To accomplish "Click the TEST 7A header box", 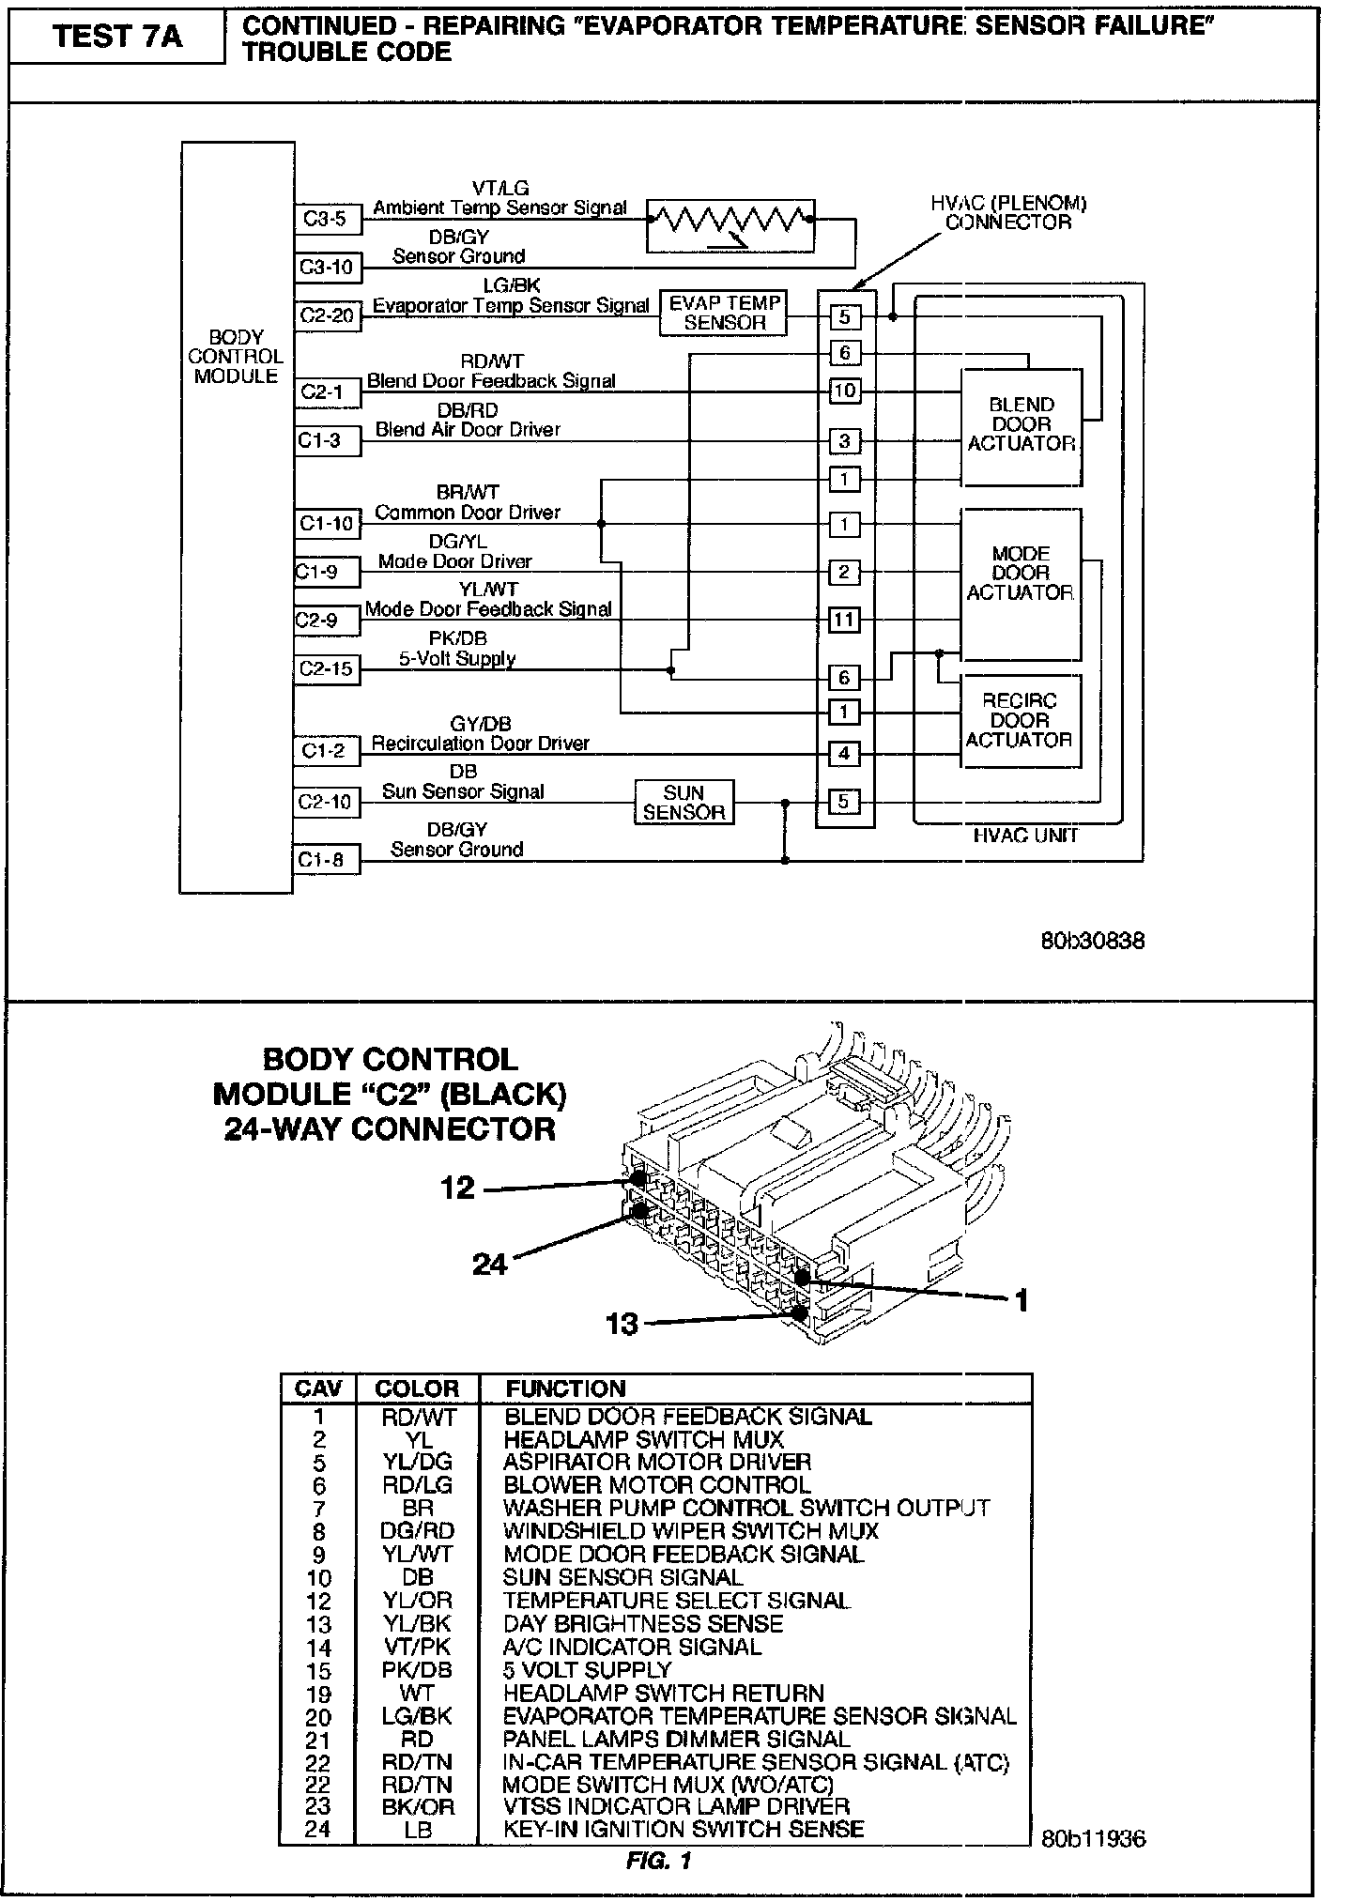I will pyautogui.click(x=117, y=37).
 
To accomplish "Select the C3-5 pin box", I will pyautogui.click(x=325, y=219).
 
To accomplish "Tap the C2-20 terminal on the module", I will pyautogui.click(x=327, y=315).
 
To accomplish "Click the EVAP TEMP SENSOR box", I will pyautogui.click(x=724, y=313).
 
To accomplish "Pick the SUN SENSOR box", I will pyautogui.click(x=684, y=803).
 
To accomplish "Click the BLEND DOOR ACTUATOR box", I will pyautogui.click(x=1021, y=425).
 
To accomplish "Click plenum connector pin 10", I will pyautogui.click(x=844, y=390).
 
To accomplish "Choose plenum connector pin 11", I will pyautogui.click(x=844, y=620).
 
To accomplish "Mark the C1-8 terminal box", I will pyautogui.click(x=325, y=860).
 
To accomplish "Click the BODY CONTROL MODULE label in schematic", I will pyautogui.click(x=236, y=357).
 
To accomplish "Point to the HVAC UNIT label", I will pyautogui.click(x=1026, y=836).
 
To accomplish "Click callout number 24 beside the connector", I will pyautogui.click(x=489, y=1265).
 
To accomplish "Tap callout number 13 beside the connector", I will pyautogui.click(x=622, y=1324).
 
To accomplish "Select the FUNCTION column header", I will pyautogui.click(x=565, y=1388).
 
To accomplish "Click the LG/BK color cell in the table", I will pyautogui.click(x=417, y=1716).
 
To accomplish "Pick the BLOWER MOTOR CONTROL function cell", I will pyautogui.click(x=657, y=1485).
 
